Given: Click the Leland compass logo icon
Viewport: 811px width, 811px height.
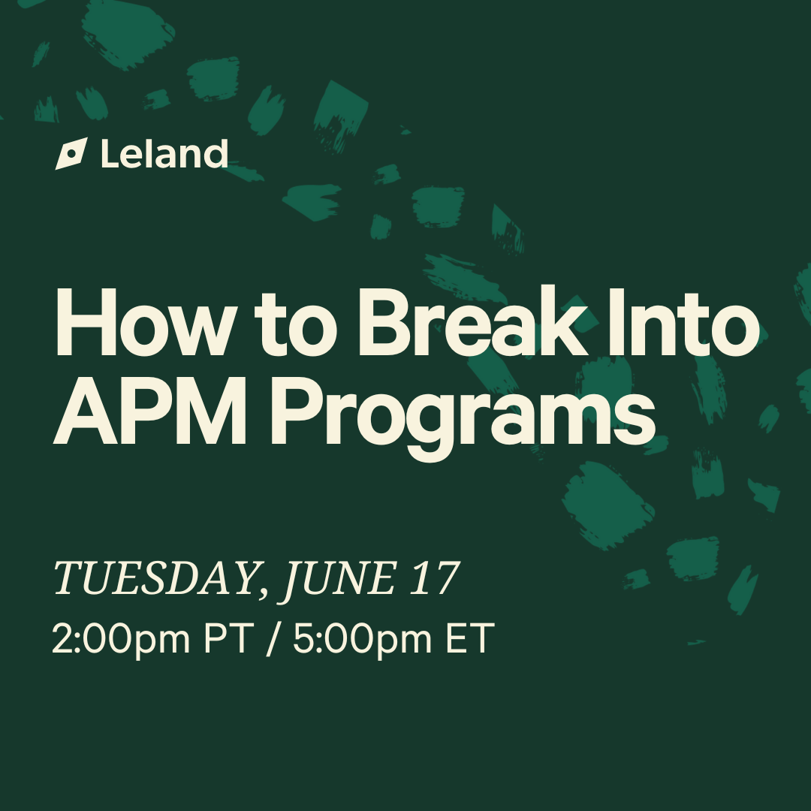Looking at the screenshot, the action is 71,154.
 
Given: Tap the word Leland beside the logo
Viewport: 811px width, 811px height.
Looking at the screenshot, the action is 164,154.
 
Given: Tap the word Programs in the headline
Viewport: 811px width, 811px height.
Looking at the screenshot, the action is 463,419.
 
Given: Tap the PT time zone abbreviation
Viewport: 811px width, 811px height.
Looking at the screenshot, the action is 228,638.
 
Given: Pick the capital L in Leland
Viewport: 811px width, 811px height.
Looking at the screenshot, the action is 110,154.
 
